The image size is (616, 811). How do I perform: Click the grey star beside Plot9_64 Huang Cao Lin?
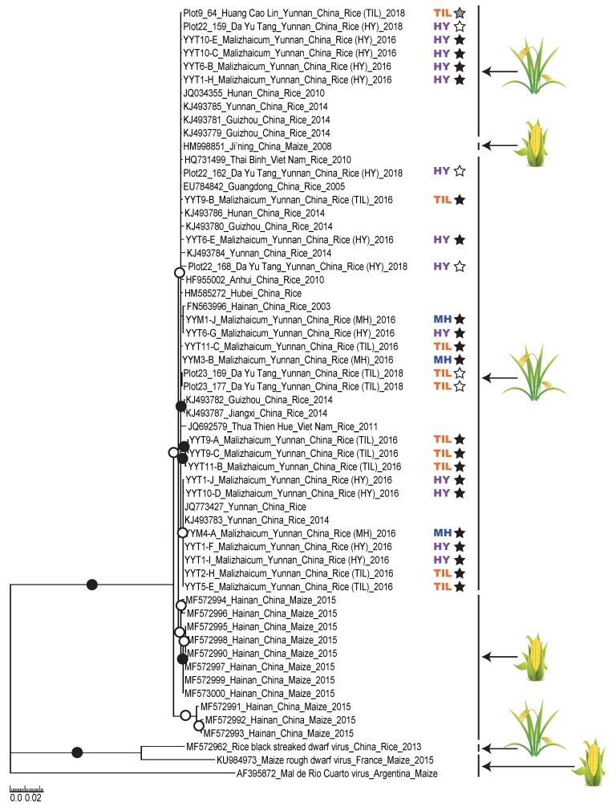(x=460, y=14)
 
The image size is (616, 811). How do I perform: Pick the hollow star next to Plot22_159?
(x=460, y=26)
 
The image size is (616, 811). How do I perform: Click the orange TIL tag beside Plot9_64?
(x=441, y=14)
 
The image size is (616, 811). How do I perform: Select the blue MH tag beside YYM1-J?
(x=441, y=319)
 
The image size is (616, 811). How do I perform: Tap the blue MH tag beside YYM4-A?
(x=441, y=532)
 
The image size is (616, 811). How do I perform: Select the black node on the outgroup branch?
(x=77, y=752)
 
